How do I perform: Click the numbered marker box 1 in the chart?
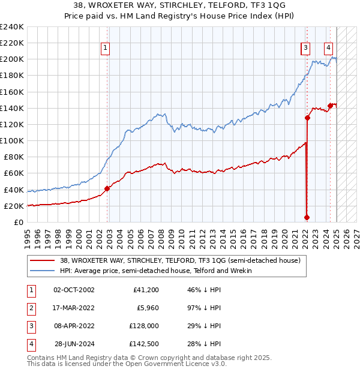click(105, 49)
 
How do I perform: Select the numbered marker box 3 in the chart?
click(305, 49)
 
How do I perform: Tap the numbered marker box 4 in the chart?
click(329, 49)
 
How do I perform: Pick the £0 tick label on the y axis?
click(19, 222)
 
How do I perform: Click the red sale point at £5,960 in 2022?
click(307, 217)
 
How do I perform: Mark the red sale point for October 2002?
click(107, 188)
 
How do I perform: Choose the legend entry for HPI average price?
click(155, 271)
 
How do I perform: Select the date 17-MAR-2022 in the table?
click(74, 309)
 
